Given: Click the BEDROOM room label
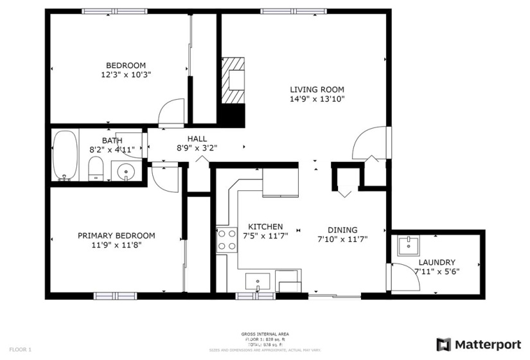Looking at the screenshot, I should coord(126,65).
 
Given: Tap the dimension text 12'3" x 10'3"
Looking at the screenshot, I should coord(126,75).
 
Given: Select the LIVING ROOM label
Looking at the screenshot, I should coord(317,89).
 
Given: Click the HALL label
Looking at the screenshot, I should coord(197,138).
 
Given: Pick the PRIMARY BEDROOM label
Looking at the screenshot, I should coord(116,235).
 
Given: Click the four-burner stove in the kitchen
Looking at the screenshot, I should coord(226,240).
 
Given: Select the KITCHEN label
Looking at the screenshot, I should coord(265,227).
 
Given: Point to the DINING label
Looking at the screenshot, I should coord(342,230).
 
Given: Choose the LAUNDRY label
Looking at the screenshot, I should coord(437,262).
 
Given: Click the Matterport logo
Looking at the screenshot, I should coord(478,344).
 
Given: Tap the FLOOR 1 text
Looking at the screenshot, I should coord(20,349).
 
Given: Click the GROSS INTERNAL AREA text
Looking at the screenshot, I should coord(265,334).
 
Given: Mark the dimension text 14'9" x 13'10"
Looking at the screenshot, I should coord(317,99).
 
